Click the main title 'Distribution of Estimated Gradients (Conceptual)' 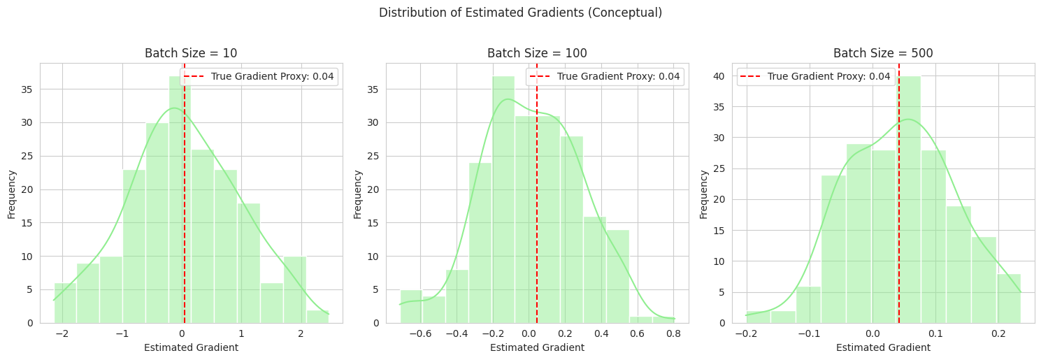coord(520,13)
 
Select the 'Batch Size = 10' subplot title coord(191,53)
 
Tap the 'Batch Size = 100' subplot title coord(537,53)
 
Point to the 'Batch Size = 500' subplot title coord(883,53)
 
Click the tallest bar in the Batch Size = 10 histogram coord(180,203)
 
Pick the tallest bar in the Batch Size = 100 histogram coord(503,203)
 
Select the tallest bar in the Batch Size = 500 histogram coord(908,203)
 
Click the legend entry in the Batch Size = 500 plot coord(815,76)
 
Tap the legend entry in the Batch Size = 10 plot coord(259,76)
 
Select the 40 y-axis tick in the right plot coord(720,75)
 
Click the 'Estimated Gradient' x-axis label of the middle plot coord(537,347)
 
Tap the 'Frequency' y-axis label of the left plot coord(11,193)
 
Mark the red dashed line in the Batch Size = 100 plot coord(537,210)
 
